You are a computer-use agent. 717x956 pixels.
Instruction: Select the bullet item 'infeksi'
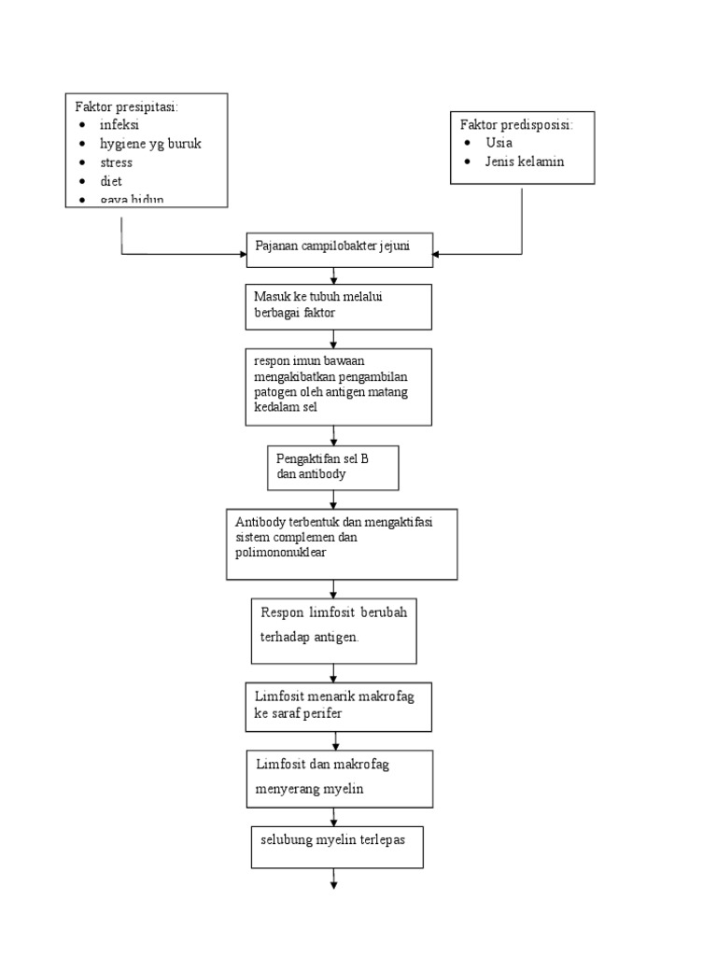(119, 125)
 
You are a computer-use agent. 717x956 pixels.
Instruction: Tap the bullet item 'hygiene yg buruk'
(150, 144)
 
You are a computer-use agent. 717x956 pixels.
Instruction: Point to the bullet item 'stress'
(117, 162)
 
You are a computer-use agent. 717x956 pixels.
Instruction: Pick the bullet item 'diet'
(111, 181)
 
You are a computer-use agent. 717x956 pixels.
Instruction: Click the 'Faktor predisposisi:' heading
(516, 124)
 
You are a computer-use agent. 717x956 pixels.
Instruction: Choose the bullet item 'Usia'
(499, 143)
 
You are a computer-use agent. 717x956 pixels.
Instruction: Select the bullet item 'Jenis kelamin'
(525, 162)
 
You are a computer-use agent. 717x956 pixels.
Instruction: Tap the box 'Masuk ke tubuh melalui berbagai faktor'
(339, 306)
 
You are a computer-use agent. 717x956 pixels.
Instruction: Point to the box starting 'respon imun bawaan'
(339, 387)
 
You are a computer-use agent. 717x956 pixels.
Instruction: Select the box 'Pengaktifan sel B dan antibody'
(332, 467)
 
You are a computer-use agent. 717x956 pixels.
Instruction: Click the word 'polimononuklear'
(281, 553)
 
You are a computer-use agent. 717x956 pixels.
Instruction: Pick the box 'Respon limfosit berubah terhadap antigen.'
(333, 630)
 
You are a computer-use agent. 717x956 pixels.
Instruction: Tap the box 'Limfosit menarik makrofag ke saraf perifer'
(339, 706)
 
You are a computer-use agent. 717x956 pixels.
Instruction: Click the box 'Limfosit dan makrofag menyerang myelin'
(339, 777)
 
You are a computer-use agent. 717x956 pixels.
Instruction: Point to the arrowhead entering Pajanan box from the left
(241, 253)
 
